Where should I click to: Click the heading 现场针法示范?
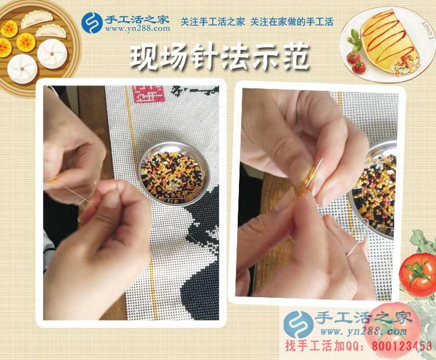click(x=218, y=58)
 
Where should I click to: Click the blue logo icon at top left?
click(x=92, y=22)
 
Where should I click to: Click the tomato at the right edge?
click(x=419, y=273)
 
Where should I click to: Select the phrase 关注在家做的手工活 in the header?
click(x=292, y=22)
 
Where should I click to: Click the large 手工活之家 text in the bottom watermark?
click(x=363, y=319)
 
